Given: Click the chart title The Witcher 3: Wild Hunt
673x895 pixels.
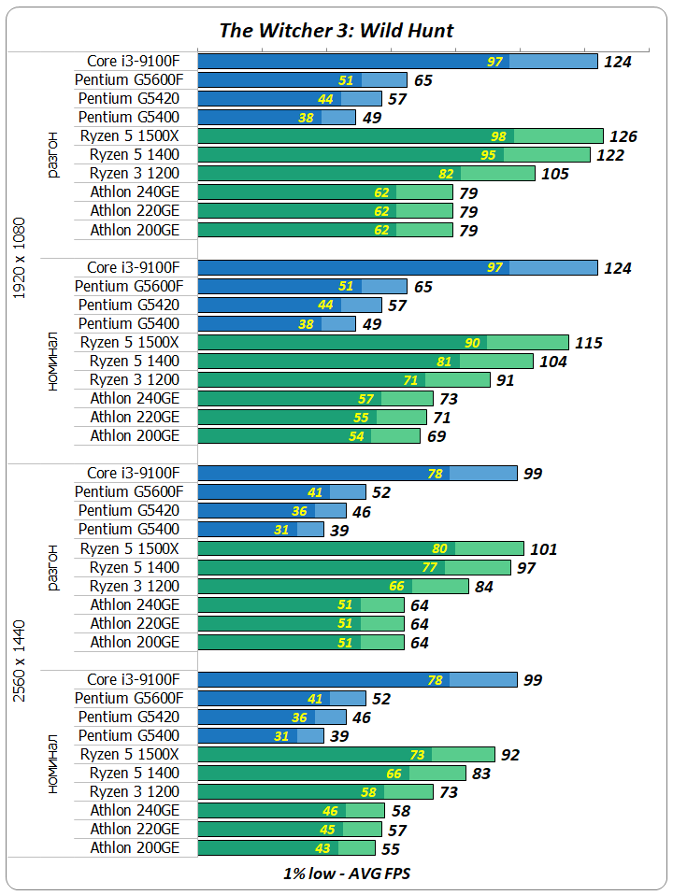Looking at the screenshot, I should tap(336, 30).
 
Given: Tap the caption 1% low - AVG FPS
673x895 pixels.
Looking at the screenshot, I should tap(336, 874).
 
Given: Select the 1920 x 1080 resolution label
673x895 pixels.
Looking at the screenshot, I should tap(21, 258).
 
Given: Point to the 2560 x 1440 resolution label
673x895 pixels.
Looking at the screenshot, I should tap(21, 660).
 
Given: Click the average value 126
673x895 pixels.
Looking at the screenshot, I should tap(623, 136).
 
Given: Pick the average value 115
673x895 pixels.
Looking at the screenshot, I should tap(588, 343).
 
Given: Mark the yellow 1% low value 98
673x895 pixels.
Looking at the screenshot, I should tap(498, 136).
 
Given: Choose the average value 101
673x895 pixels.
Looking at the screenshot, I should tap(542, 548).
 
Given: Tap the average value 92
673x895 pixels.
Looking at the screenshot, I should tap(510, 755).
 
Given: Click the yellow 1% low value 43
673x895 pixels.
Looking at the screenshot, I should tap(322, 848).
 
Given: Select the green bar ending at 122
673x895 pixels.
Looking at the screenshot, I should tap(394, 155).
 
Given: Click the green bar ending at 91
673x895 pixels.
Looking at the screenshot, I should tap(344, 380).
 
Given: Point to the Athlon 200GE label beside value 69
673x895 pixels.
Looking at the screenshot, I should tap(135, 436).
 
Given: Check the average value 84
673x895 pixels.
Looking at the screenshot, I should tap(485, 587).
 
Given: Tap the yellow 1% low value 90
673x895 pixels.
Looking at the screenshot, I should tap(472, 343).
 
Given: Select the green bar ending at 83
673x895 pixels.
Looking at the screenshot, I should tap(332, 774).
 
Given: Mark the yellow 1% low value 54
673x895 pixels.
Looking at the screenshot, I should tap(356, 436).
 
